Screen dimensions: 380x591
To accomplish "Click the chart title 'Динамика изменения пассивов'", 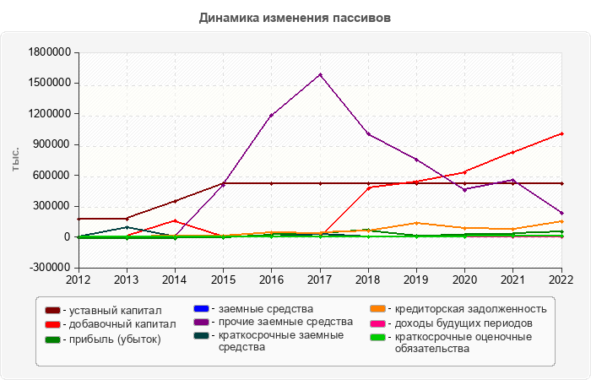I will (295, 18).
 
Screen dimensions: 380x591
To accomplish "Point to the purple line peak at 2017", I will (320, 74).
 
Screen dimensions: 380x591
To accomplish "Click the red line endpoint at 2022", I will (561, 133).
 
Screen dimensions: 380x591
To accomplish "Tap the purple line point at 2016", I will (271, 116).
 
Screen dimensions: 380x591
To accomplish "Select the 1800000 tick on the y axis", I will (50, 52).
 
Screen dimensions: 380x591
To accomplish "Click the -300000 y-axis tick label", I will (50, 269).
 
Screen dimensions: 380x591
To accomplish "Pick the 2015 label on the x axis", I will (223, 279).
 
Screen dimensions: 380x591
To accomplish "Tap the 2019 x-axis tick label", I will (416, 279).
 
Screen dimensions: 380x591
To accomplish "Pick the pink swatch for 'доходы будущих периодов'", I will (377, 323).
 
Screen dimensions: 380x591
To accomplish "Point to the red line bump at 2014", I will (175, 220).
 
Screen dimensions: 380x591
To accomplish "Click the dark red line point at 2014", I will (175, 201).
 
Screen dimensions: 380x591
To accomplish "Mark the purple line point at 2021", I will (513, 180).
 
